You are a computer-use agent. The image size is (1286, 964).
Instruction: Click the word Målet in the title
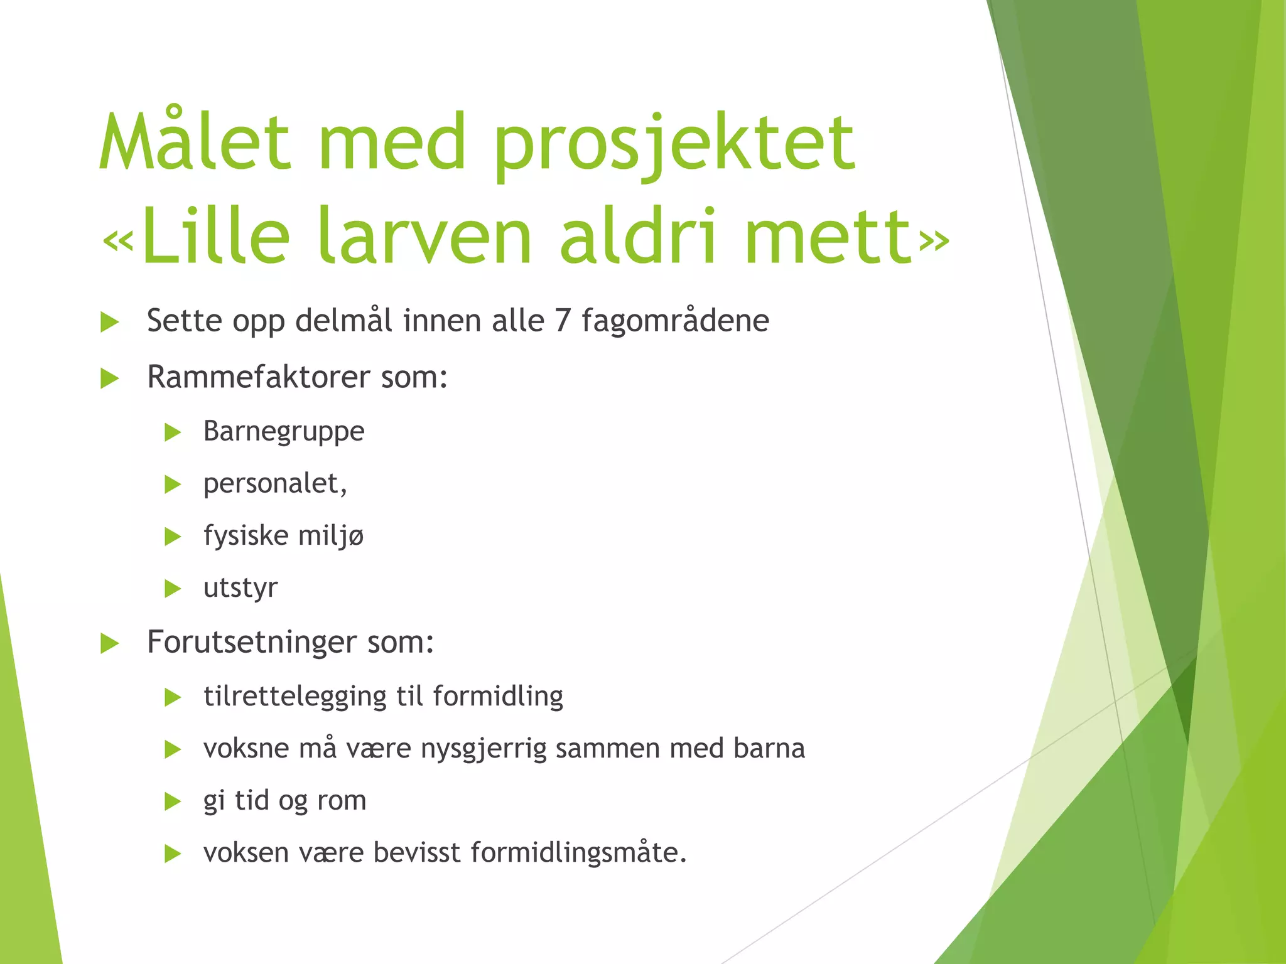[x=195, y=143]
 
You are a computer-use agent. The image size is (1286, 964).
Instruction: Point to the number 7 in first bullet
[x=562, y=321]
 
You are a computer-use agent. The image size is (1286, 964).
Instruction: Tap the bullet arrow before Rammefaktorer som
[x=110, y=378]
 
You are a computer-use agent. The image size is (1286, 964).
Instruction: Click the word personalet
[x=274, y=484]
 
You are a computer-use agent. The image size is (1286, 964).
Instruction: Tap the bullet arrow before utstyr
[x=173, y=589]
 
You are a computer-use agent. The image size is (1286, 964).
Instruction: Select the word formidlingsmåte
[x=576, y=853]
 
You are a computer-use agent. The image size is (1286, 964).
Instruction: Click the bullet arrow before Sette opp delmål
[x=110, y=323]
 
